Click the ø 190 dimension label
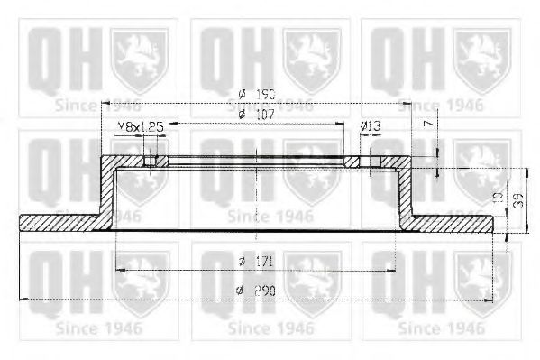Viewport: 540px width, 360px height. point(255,95)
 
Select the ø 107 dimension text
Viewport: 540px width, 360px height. point(255,115)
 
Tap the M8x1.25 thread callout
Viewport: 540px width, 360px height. point(139,129)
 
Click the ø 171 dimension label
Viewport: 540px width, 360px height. point(255,262)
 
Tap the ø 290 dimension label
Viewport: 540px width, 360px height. point(255,291)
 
